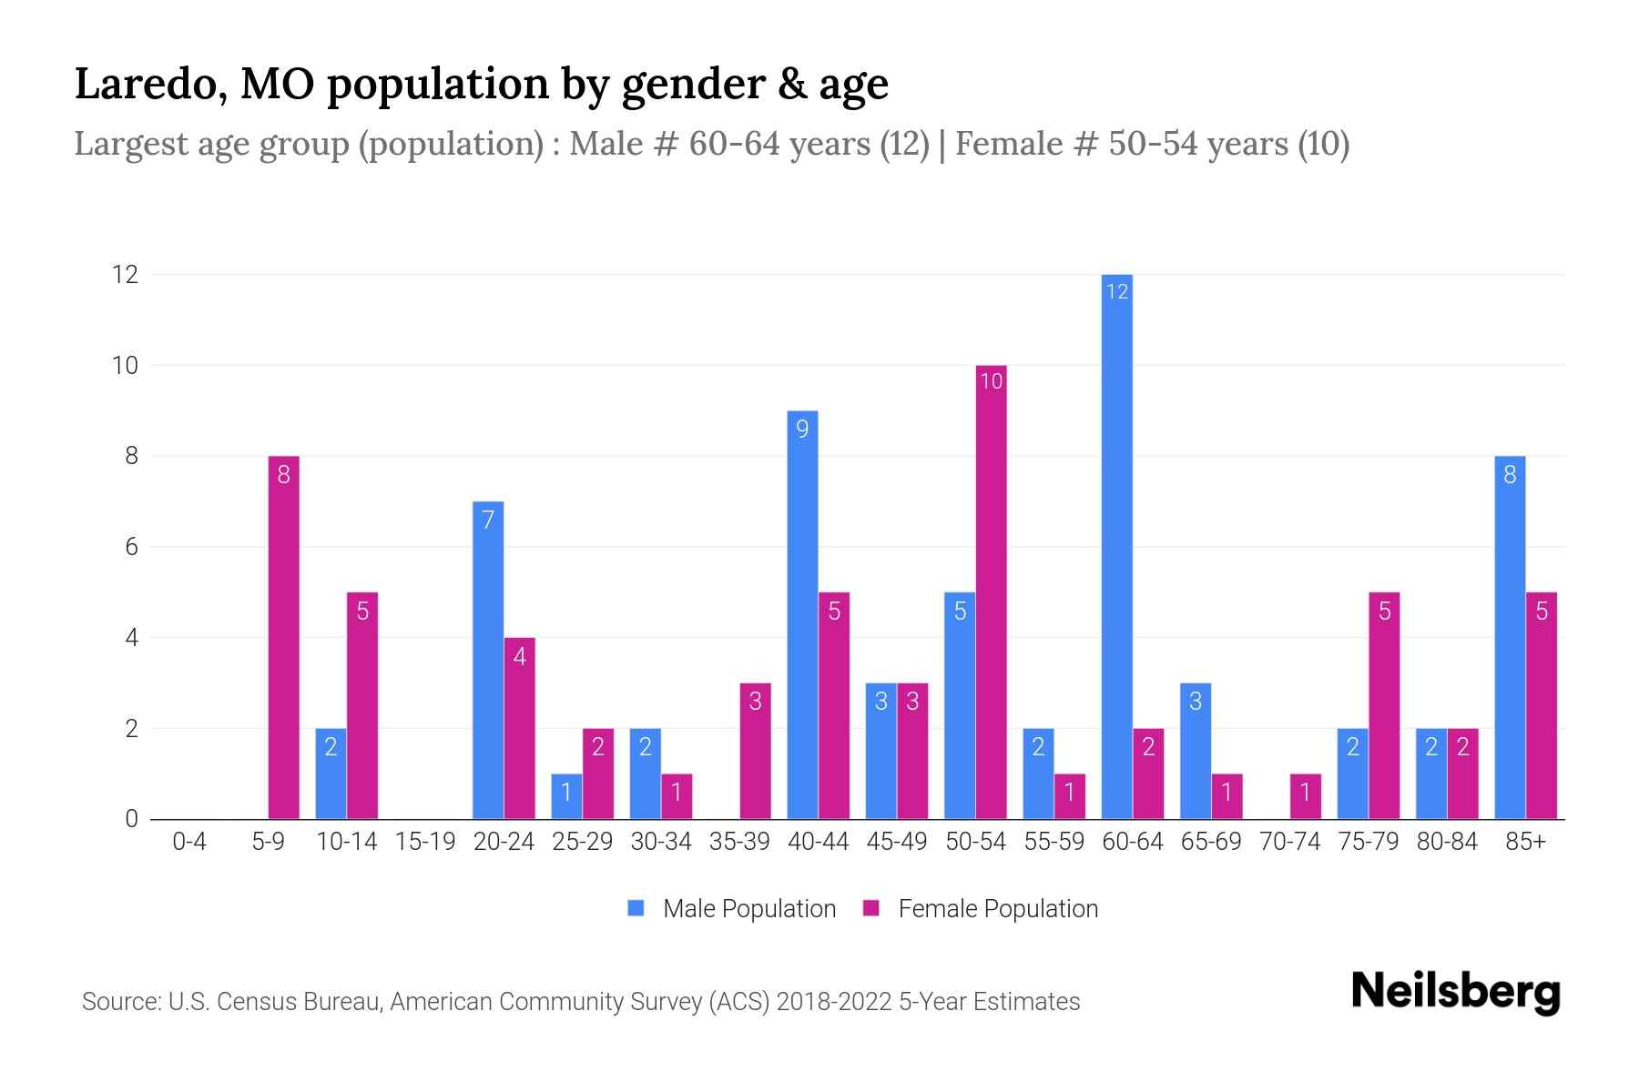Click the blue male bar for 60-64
pyautogui.click(x=1116, y=546)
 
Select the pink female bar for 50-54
pyautogui.click(x=991, y=591)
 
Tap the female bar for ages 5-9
pyautogui.click(x=283, y=637)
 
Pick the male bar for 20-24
pyautogui.click(x=488, y=660)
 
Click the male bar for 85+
pyautogui.click(x=1510, y=637)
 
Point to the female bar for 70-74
pyautogui.click(x=1305, y=796)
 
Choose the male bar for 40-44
pyautogui.click(x=802, y=614)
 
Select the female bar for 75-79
pyautogui.click(x=1384, y=705)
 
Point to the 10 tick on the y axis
pyautogui.click(x=125, y=365)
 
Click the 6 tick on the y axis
pyautogui.click(x=131, y=547)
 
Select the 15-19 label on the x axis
pyautogui.click(x=425, y=842)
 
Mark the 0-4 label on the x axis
pyautogui.click(x=189, y=842)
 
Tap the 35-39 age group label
pyautogui.click(x=739, y=842)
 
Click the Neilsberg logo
pyautogui.click(x=1455, y=992)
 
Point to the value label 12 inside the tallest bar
pyautogui.click(x=1116, y=291)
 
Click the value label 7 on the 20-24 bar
pyautogui.click(x=488, y=520)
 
